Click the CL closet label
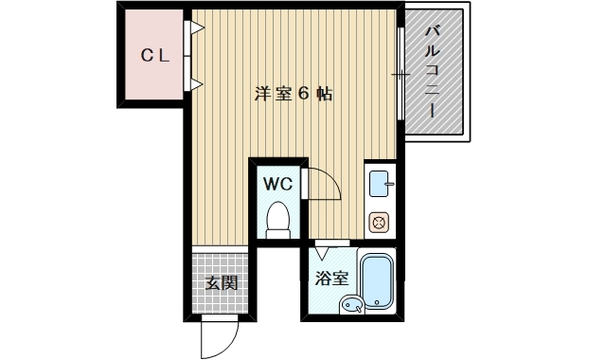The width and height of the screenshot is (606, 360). point(155,56)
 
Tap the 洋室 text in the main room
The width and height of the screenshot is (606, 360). point(270,95)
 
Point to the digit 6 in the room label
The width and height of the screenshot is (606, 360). point(304,95)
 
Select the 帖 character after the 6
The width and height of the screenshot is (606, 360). point(325,95)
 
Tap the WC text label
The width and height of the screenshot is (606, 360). point(276,182)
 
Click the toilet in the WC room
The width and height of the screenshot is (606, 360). point(277,219)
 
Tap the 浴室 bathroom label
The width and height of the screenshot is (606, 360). point(332,279)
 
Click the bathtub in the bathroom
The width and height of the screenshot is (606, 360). point(378,281)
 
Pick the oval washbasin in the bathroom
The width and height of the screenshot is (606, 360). point(350,304)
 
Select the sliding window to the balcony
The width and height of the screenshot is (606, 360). point(401,74)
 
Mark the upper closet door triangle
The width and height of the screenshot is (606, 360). point(197,28)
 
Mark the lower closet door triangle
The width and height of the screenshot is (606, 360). point(197,85)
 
